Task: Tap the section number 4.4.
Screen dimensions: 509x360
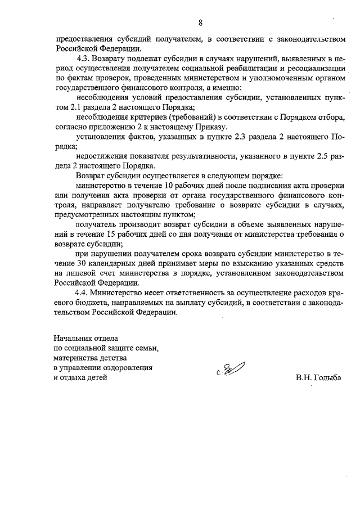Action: click(x=82, y=293)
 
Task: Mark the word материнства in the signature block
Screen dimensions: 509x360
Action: click(x=76, y=358)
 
